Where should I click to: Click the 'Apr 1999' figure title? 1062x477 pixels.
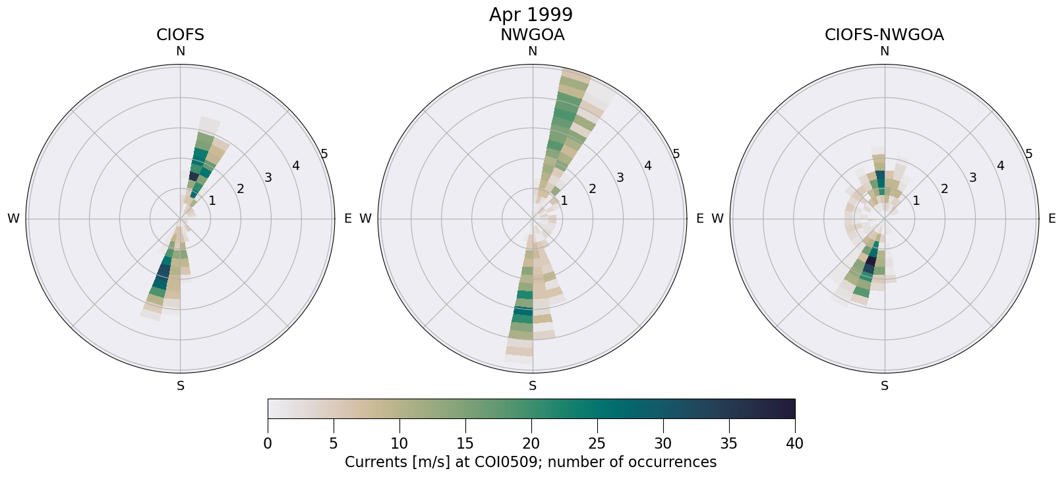click(531, 14)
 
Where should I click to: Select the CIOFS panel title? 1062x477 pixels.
click(180, 35)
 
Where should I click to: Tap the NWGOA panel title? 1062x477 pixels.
click(532, 35)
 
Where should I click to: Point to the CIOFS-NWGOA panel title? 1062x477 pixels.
click(884, 35)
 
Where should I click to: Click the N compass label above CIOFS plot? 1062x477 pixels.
click(180, 51)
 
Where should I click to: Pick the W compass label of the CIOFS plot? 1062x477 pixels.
click(13, 219)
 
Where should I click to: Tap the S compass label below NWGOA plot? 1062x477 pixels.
click(533, 386)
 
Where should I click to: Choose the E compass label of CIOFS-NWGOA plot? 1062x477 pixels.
click(1051, 219)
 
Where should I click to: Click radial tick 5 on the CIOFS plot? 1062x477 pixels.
click(324, 154)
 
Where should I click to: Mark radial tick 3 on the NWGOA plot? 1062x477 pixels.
click(620, 177)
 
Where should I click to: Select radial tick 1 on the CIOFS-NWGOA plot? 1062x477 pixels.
click(916, 200)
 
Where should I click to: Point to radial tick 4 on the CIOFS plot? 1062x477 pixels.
click(296, 165)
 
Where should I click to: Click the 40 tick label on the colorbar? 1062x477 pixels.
click(794, 444)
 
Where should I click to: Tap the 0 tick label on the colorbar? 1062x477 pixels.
click(268, 444)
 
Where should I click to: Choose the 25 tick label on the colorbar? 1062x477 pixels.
click(597, 444)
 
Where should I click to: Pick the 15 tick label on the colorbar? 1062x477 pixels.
click(465, 444)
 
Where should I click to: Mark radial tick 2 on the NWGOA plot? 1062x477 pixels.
click(592, 189)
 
